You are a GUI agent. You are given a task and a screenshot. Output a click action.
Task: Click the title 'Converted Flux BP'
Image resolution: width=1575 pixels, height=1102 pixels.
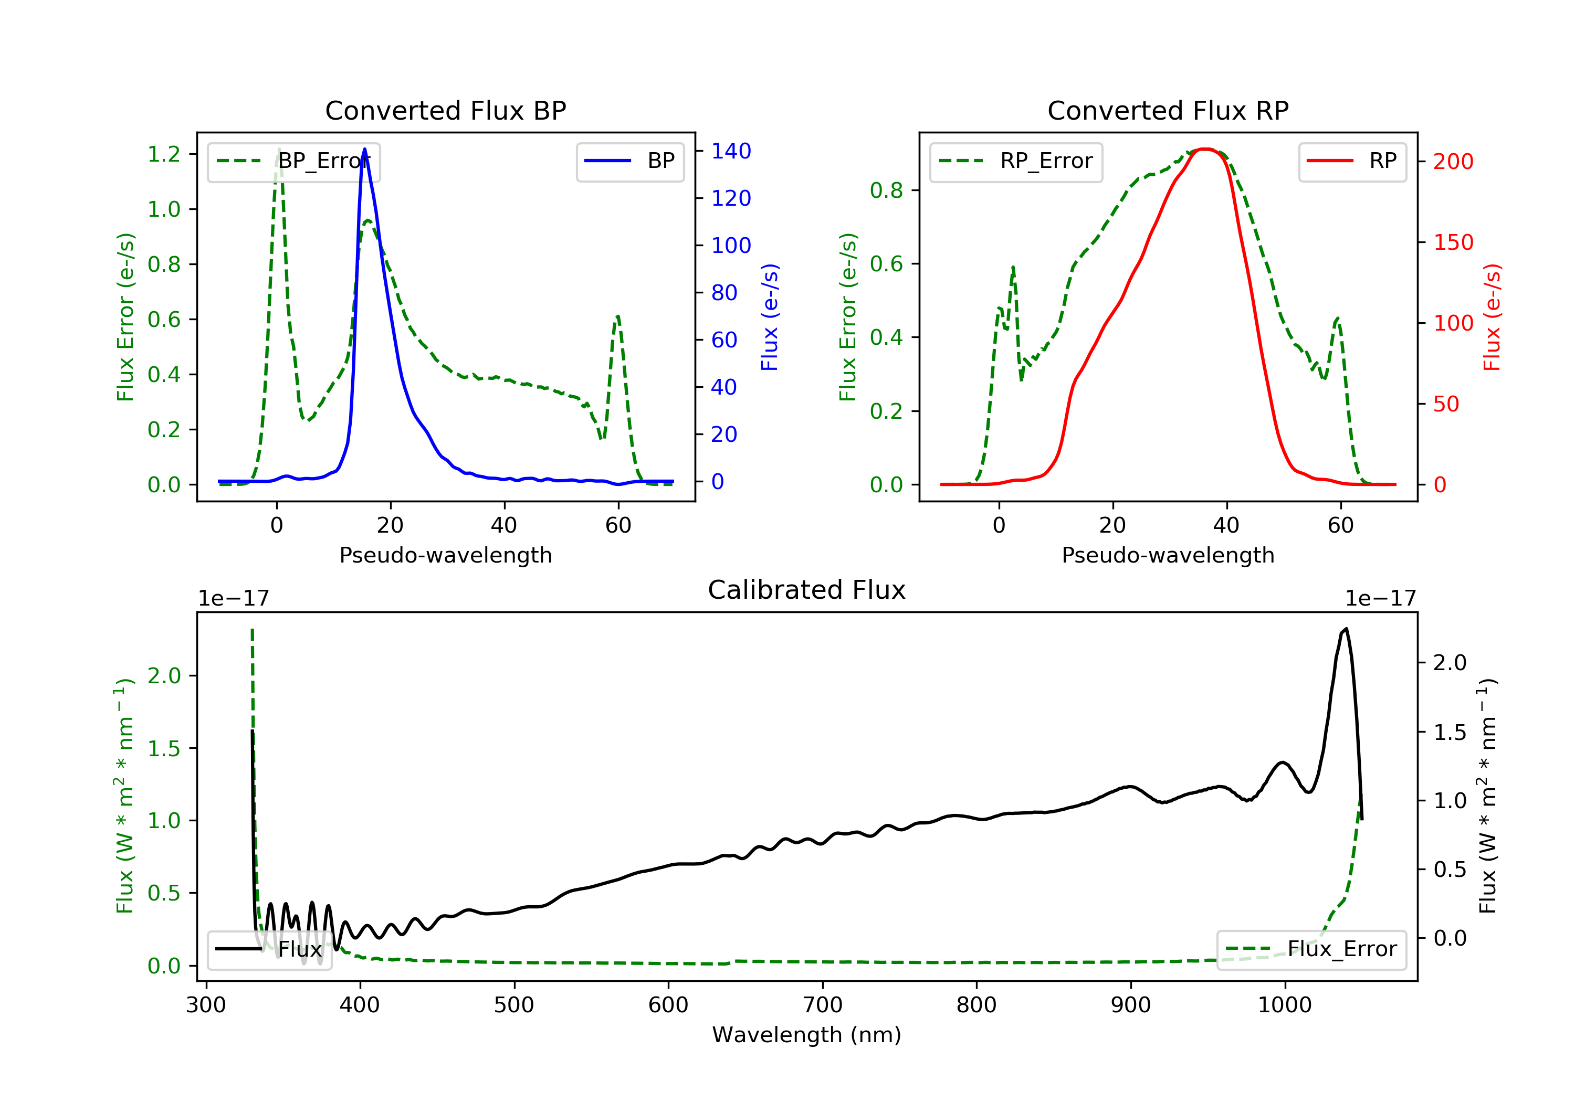[445, 110]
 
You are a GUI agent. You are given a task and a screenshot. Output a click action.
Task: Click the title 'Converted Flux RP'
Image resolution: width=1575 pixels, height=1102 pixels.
[1168, 110]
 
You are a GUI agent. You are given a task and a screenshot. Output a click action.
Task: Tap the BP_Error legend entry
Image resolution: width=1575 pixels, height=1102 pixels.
[293, 161]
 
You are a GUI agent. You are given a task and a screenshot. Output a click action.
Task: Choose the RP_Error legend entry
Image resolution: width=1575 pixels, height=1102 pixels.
[1016, 161]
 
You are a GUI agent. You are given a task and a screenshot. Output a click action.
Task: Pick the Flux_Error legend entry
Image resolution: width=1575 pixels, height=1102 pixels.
[1311, 949]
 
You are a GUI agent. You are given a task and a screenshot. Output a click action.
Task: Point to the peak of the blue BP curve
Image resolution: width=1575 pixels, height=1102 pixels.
[364, 149]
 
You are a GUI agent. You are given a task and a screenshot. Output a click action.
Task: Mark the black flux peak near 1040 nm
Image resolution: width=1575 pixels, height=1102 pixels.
[1346, 629]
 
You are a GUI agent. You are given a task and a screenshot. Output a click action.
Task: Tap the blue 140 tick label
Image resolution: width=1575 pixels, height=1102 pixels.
[731, 151]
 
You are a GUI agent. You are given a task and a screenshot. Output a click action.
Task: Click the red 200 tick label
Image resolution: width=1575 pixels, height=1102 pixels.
[1453, 162]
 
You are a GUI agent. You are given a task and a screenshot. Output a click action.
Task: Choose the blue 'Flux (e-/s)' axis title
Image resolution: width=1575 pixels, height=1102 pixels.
[770, 317]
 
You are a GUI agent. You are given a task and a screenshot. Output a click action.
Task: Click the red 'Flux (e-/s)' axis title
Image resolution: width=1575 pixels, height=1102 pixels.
[1492, 317]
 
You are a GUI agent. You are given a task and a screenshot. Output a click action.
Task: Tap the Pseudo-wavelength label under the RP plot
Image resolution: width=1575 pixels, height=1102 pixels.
[1168, 555]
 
